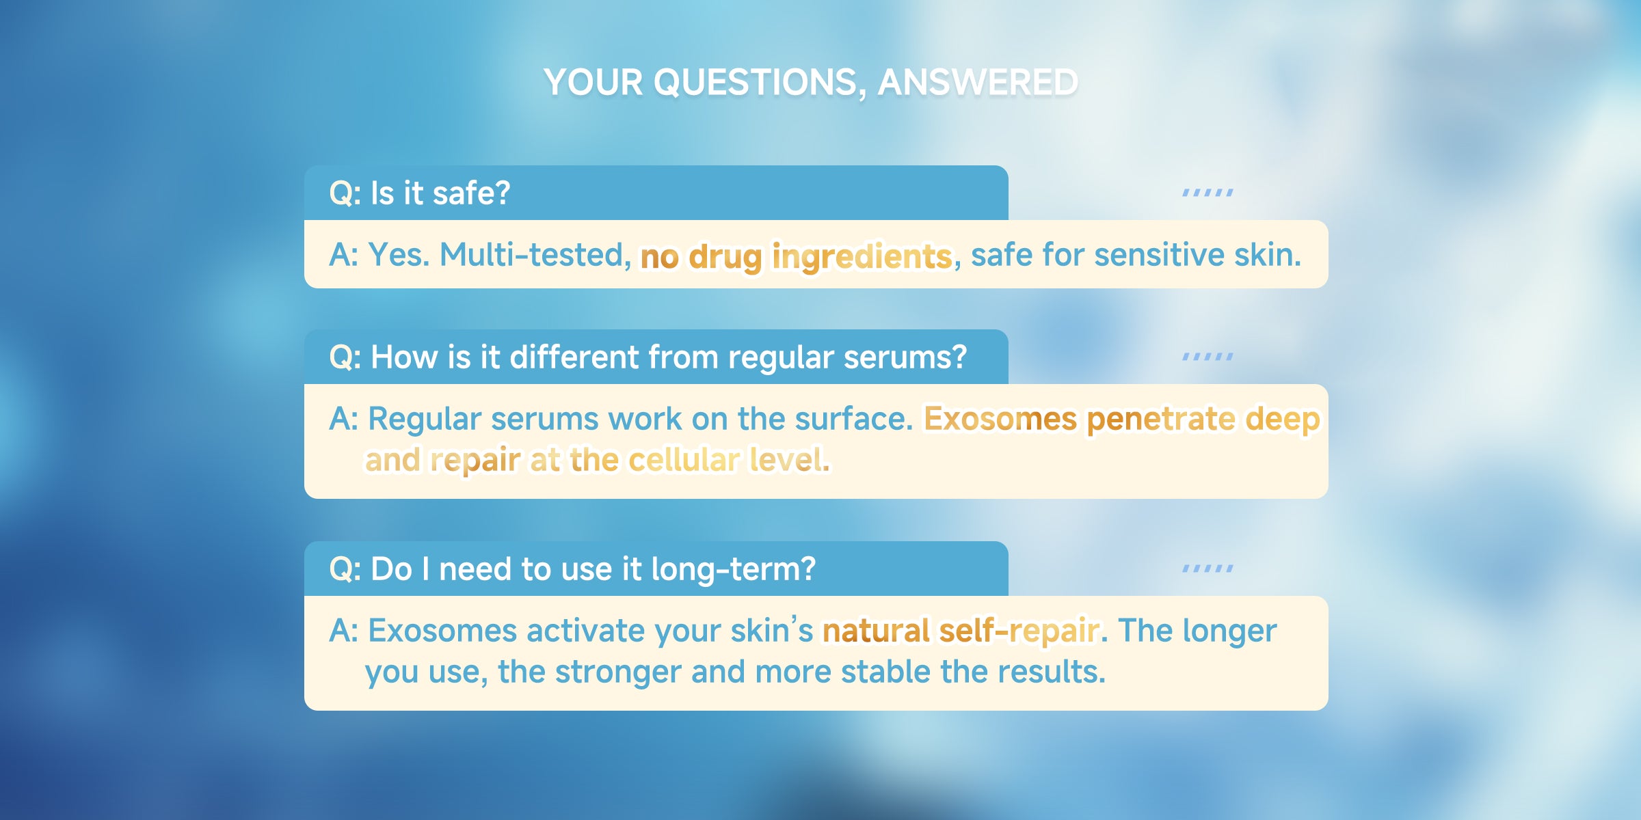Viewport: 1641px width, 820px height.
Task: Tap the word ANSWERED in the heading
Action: (978, 83)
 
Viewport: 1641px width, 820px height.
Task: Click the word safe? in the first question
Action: (472, 193)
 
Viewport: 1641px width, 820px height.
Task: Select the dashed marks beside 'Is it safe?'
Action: (1208, 193)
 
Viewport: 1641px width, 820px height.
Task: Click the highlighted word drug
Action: (725, 257)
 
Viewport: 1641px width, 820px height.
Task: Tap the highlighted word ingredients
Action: (862, 257)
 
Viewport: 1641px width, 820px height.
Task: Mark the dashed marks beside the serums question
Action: (1208, 357)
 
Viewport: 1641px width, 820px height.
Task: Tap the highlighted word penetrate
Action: (1160, 420)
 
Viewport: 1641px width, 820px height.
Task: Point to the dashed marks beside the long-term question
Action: (1208, 569)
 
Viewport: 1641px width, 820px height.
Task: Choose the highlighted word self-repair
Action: (1019, 631)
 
